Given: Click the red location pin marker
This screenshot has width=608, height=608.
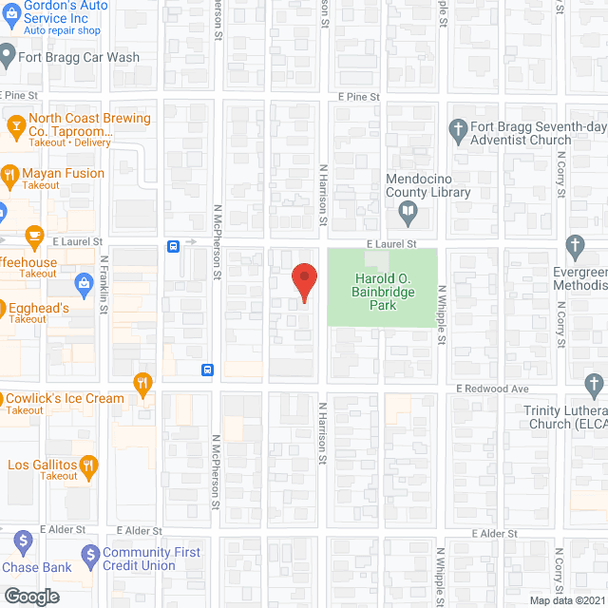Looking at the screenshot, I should (x=303, y=282).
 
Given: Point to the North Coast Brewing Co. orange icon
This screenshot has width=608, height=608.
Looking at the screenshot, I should (x=15, y=124).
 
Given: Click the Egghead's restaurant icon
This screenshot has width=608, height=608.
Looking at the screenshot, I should (x=0, y=308).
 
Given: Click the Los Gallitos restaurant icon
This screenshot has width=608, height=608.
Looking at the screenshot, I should (x=88, y=465).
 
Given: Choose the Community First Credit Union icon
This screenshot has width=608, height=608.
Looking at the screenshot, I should (x=90, y=553).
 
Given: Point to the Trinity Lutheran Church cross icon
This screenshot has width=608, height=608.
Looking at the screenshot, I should (x=594, y=386).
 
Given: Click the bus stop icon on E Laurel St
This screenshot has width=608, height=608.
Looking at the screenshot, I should (x=174, y=246).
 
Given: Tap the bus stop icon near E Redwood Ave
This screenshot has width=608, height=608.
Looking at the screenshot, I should (x=206, y=370).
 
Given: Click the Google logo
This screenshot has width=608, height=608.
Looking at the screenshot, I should (x=30, y=596).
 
